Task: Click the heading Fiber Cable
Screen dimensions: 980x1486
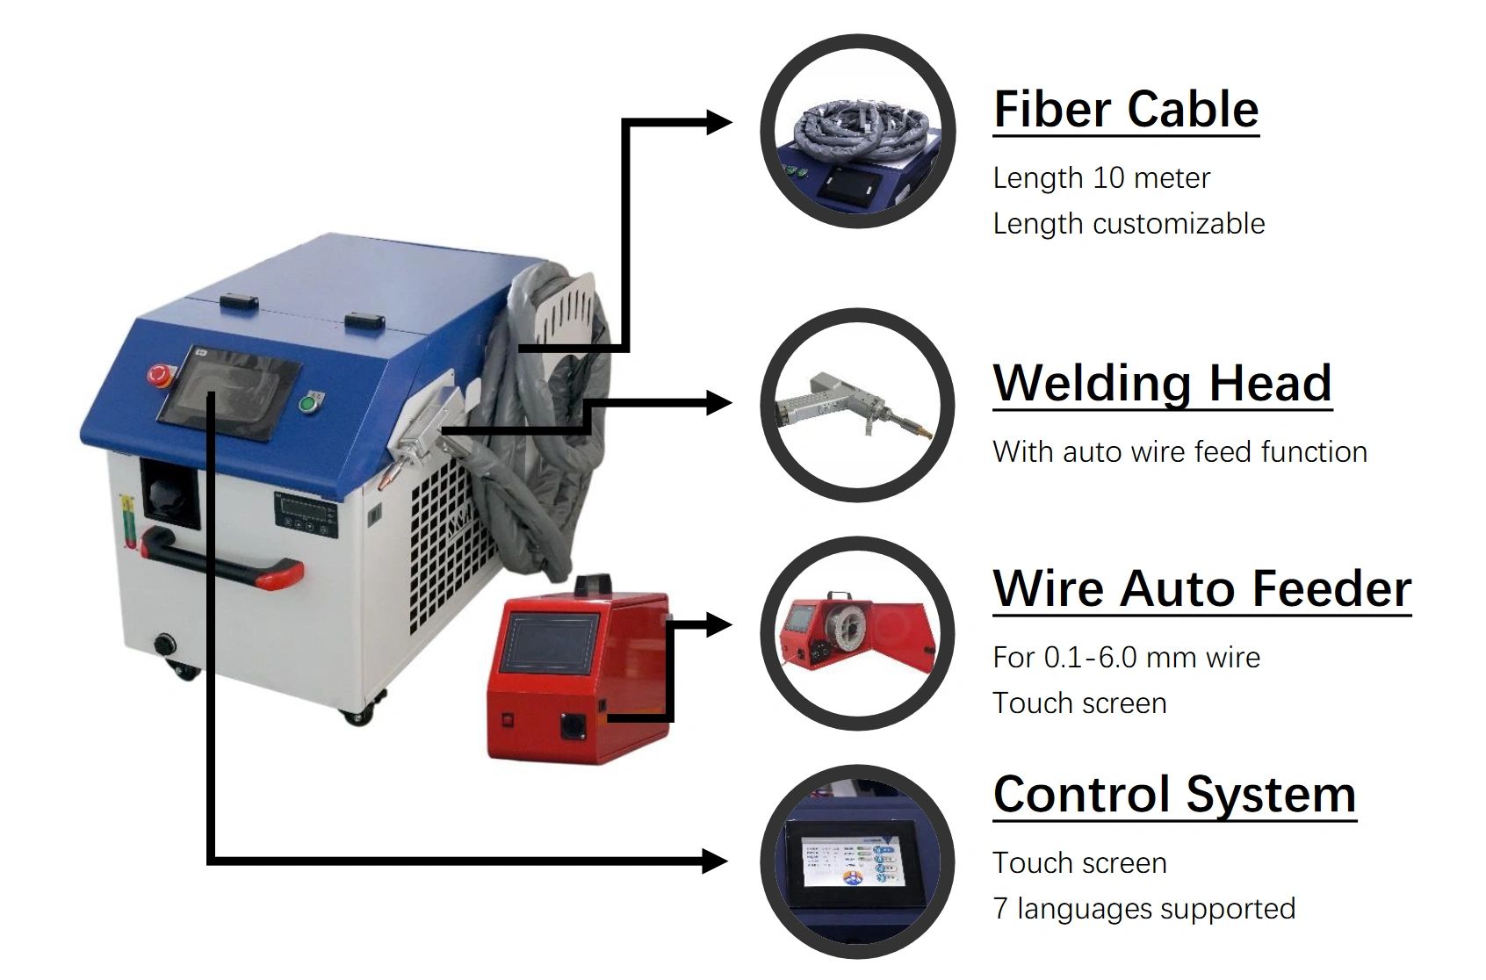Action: (1126, 110)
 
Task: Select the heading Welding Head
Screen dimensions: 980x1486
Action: (1162, 384)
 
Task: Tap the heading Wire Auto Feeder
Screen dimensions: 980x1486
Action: (1201, 588)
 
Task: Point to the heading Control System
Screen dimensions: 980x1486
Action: (1174, 795)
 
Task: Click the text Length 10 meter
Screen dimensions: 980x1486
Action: (1101, 178)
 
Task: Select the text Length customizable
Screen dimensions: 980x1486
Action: (1129, 224)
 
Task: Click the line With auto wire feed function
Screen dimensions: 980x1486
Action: (1179, 452)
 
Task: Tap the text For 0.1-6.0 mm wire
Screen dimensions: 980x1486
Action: (1126, 658)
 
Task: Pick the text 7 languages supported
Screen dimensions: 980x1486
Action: (1143, 909)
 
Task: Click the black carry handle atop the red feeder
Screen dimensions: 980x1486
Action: (592, 584)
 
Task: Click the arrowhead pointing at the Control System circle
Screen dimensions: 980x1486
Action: (715, 861)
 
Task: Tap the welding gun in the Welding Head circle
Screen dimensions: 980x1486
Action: (843, 406)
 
